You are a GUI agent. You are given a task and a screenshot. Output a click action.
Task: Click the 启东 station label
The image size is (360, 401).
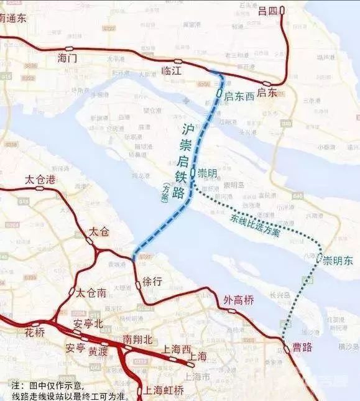point(267,93)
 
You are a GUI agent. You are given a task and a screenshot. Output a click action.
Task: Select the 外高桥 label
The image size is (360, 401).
point(239,301)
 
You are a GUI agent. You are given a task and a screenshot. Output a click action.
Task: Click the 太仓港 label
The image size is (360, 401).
point(40,179)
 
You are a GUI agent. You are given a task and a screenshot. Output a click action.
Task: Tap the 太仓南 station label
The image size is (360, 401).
point(91,292)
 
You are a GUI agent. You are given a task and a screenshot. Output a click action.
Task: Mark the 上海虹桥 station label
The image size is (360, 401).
point(164,390)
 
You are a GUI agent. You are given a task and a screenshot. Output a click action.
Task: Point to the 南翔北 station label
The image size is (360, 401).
point(138,339)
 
